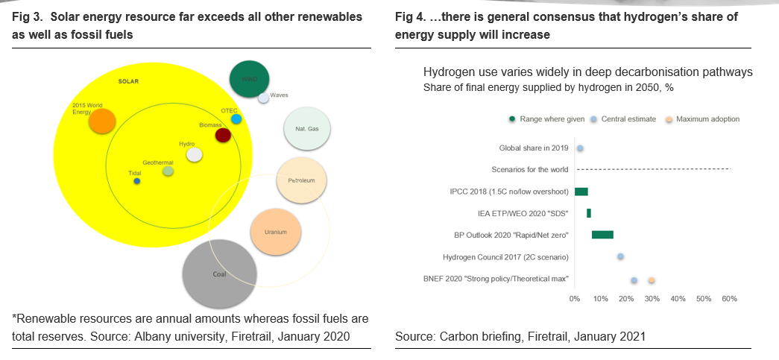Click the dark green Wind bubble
click(x=250, y=79)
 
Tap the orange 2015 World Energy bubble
click(x=101, y=121)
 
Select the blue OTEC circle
click(x=236, y=119)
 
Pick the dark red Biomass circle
click(x=222, y=135)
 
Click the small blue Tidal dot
click(x=136, y=181)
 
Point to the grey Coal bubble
click(x=219, y=274)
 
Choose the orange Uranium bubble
click(x=275, y=232)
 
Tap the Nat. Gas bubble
click(x=307, y=129)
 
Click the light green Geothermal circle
click(x=168, y=171)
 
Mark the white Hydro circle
click(x=195, y=154)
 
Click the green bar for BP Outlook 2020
click(x=602, y=235)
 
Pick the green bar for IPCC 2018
click(x=581, y=192)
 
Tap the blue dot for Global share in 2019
click(x=580, y=148)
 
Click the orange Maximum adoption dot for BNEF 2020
click(x=652, y=280)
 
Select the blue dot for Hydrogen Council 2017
click(x=620, y=256)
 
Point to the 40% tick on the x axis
click(x=678, y=299)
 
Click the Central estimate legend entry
click(x=623, y=119)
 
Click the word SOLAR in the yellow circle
click(x=129, y=81)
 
